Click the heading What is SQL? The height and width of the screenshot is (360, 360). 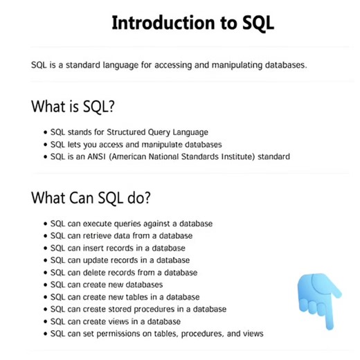73,107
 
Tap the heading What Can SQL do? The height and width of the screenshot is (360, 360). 91,197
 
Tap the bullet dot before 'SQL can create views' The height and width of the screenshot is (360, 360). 44,322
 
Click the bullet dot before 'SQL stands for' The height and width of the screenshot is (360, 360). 44,132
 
